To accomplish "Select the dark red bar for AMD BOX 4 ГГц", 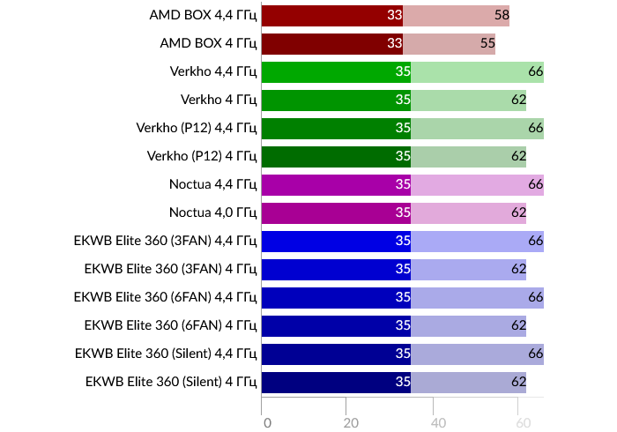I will pyautogui.click(x=331, y=43).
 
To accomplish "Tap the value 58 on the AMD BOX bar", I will pyautogui.click(x=502, y=15).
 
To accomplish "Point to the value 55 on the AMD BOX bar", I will pyautogui.click(x=487, y=43).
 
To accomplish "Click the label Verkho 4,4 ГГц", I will pyautogui.click(x=213, y=71).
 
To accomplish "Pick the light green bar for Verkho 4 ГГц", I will pyautogui.click(x=468, y=100).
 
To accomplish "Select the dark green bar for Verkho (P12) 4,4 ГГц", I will pyautogui.click(x=336, y=128).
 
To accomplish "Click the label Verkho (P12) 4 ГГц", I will pyautogui.click(x=202, y=156).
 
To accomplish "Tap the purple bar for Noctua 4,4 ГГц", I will pyautogui.click(x=336, y=184).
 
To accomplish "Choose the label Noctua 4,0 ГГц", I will pyautogui.click(x=212, y=212).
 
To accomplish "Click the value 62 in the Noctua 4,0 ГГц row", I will pyautogui.click(x=518, y=212).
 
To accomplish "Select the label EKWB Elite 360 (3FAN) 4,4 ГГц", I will pyautogui.click(x=166, y=241).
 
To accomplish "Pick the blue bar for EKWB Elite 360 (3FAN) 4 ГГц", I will pyautogui.click(x=336, y=269).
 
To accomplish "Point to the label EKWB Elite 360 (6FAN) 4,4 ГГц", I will pyautogui.click(x=166, y=297).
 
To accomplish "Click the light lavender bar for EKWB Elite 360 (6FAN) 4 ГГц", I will pyautogui.click(x=468, y=325).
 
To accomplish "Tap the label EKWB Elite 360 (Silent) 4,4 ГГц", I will pyautogui.click(x=166, y=354).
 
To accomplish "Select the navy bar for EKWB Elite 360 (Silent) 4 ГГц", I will pyautogui.click(x=336, y=382).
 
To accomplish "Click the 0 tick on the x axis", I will pyautogui.click(x=267, y=423).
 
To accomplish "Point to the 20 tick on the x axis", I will pyautogui.click(x=351, y=423).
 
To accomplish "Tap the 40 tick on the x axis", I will pyautogui.click(x=438, y=423).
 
